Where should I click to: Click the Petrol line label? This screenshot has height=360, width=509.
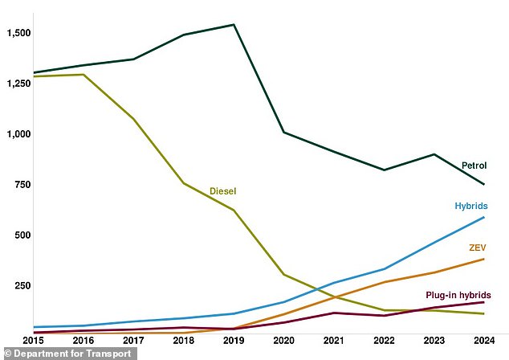tap(474, 166)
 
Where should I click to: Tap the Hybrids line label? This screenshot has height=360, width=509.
tap(470, 206)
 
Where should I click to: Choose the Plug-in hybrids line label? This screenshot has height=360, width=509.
tap(458, 295)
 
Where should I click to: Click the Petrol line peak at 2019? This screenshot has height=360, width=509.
tap(234, 25)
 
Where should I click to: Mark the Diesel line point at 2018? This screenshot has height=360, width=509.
tap(184, 183)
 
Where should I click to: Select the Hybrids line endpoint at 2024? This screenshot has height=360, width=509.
tap(484, 217)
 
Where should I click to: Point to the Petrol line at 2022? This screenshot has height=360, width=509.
tap(385, 170)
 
